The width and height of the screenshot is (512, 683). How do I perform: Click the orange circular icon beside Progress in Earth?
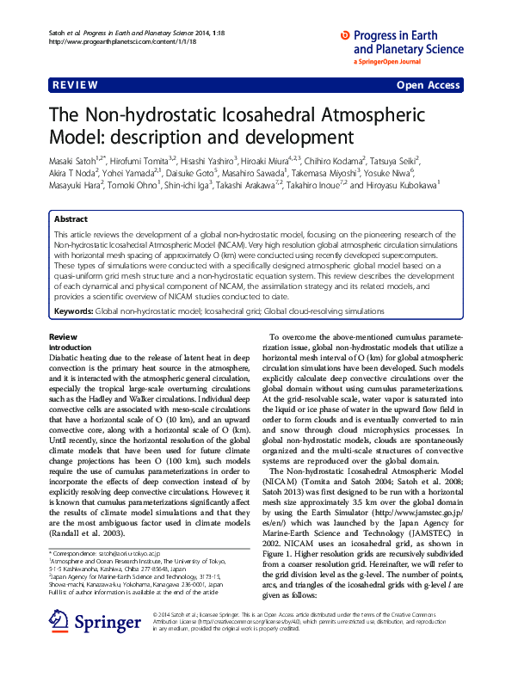[x=346, y=35]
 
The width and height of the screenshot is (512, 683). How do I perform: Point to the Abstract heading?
[x=71, y=220]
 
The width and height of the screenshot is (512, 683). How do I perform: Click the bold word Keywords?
[x=73, y=286]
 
